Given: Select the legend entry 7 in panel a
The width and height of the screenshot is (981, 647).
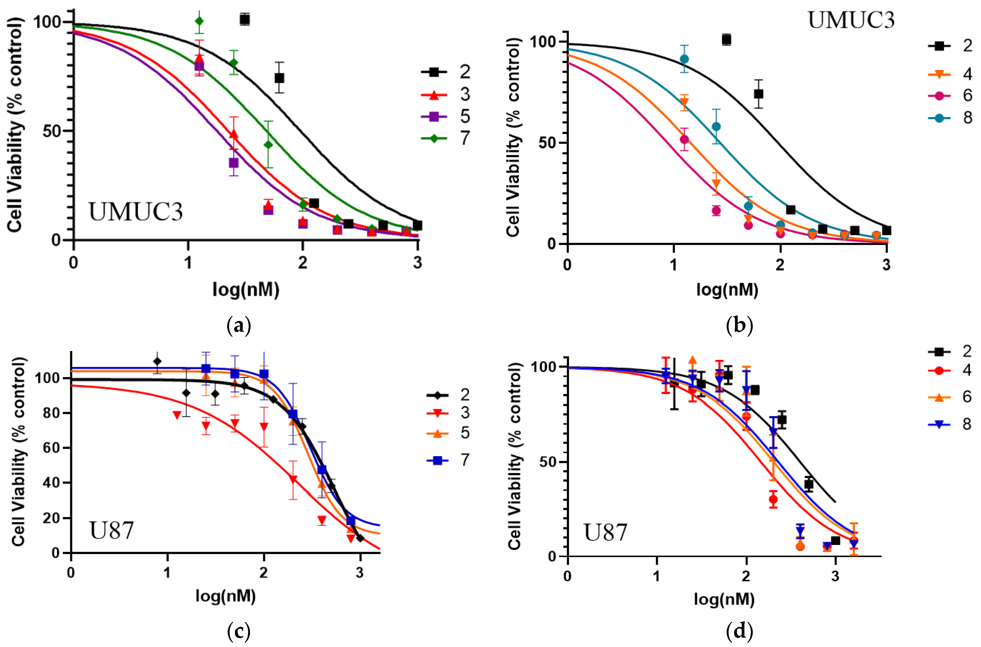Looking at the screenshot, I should click(x=446, y=138).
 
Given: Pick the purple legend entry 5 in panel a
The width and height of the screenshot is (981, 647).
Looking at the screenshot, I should click(x=446, y=116).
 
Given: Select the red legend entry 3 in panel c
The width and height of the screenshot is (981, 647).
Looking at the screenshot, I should click(x=448, y=412).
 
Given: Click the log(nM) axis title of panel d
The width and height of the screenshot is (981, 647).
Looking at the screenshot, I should click(x=724, y=599).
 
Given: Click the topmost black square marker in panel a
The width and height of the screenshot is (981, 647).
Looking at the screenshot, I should click(x=245, y=19).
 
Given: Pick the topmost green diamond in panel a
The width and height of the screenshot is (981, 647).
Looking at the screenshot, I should click(x=199, y=21).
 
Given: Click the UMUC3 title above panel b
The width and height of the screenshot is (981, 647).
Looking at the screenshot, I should click(x=851, y=20).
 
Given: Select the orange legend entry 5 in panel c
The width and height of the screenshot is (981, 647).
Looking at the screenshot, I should click(x=448, y=433).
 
